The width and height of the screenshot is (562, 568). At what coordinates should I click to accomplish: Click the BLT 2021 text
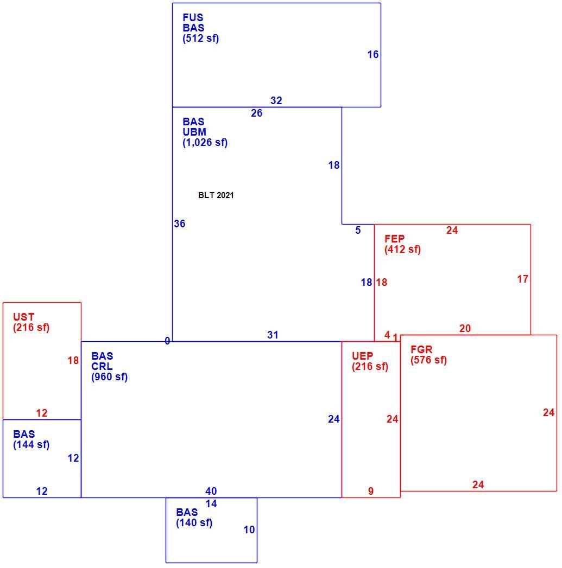(216, 195)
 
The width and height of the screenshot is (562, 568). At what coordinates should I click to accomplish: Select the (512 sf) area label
(200, 39)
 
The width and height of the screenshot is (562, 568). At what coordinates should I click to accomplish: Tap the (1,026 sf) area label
(205, 142)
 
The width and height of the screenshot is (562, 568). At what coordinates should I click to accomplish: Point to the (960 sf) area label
(110, 377)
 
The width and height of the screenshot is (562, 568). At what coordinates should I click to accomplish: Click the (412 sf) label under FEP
(402, 249)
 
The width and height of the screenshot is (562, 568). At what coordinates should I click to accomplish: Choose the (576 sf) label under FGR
(428, 360)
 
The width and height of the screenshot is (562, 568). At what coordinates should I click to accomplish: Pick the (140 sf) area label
(194, 523)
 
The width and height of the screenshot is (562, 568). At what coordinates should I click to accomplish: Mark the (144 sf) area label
(31, 444)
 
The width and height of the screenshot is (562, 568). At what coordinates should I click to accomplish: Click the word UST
(23, 317)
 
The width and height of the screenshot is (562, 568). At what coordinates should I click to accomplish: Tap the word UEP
(362, 356)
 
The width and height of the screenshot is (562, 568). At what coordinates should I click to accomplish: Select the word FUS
(193, 17)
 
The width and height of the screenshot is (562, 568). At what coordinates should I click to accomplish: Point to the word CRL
(102, 366)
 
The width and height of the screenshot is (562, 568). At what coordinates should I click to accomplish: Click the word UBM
(194, 132)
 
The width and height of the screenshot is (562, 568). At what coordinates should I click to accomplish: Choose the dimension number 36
(180, 224)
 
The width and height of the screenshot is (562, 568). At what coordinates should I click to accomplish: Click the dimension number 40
(211, 491)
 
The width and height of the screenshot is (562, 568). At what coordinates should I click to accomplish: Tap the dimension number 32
(276, 101)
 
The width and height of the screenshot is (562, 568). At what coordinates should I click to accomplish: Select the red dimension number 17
(522, 279)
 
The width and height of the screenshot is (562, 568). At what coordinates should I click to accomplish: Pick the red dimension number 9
(370, 491)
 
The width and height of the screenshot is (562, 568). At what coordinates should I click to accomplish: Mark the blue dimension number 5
(358, 231)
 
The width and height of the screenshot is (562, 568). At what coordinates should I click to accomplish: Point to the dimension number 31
(273, 335)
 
